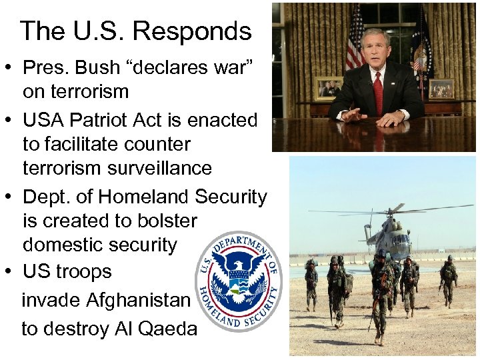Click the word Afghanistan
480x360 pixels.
(x=139, y=300)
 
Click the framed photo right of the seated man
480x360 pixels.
(x=441, y=88)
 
